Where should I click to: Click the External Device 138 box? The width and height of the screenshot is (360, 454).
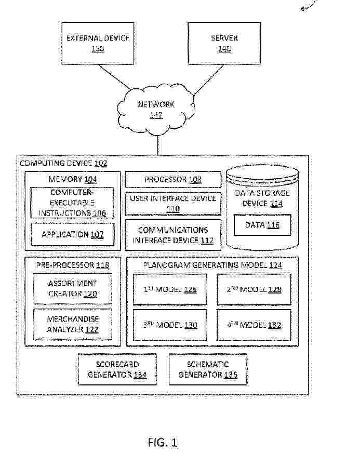click(97, 43)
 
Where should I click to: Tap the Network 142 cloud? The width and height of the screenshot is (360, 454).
click(156, 109)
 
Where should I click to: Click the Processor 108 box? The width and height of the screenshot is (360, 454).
click(173, 180)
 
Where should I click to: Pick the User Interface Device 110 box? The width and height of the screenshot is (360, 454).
click(173, 203)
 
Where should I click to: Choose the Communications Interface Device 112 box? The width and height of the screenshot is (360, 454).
click(173, 235)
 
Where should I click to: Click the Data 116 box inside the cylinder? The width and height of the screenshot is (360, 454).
click(262, 225)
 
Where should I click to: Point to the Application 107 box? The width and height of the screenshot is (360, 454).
click(72, 234)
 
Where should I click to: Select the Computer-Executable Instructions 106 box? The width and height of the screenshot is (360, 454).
click(72, 203)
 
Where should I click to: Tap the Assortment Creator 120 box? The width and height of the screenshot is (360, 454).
click(72, 289)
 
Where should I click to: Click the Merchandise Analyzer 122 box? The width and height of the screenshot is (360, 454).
click(72, 324)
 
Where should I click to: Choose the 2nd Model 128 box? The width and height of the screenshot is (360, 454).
click(254, 289)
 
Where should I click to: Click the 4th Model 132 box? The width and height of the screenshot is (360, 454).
click(254, 325)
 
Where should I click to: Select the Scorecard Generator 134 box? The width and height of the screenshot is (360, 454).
click(117, 369)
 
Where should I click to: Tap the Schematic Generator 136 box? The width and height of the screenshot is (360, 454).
click(208, 369)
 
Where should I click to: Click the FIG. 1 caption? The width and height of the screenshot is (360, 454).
click(163, 443)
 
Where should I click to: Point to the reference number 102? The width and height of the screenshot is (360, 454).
click(101, 163)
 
